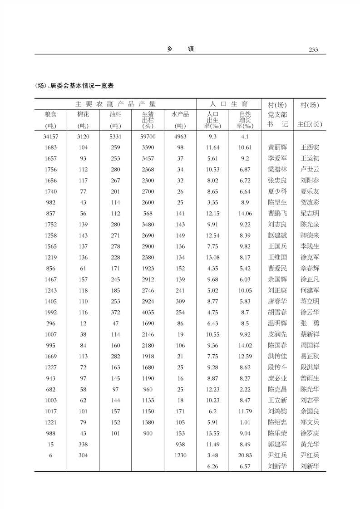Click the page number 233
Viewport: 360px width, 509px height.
coord(313,49)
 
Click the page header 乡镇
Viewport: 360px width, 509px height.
coord(180,49)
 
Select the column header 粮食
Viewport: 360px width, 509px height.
coord(50,115)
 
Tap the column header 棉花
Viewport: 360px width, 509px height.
coord(83,115)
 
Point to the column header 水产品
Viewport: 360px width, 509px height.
coord(180,115)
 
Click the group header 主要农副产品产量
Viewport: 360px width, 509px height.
coord(115,104)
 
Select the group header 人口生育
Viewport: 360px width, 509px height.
coord(228,104)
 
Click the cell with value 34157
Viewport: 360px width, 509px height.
coord(50,137)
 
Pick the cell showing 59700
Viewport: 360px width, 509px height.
coord(148,137)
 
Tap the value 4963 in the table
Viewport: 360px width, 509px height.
coord(180,137)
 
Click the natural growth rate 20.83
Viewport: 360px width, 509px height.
coord(245,455)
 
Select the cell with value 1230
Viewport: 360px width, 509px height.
coord(180,455)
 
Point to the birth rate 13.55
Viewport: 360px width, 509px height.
coord(212,433)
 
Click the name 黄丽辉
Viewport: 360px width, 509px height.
coord(277,147)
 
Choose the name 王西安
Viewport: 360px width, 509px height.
coord(310,147)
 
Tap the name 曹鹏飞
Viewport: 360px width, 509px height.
coord(277,213)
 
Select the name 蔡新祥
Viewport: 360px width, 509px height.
coord(310,334)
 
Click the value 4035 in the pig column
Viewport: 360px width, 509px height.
coord(148,313)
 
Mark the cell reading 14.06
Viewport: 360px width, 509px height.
coord(245,213)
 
